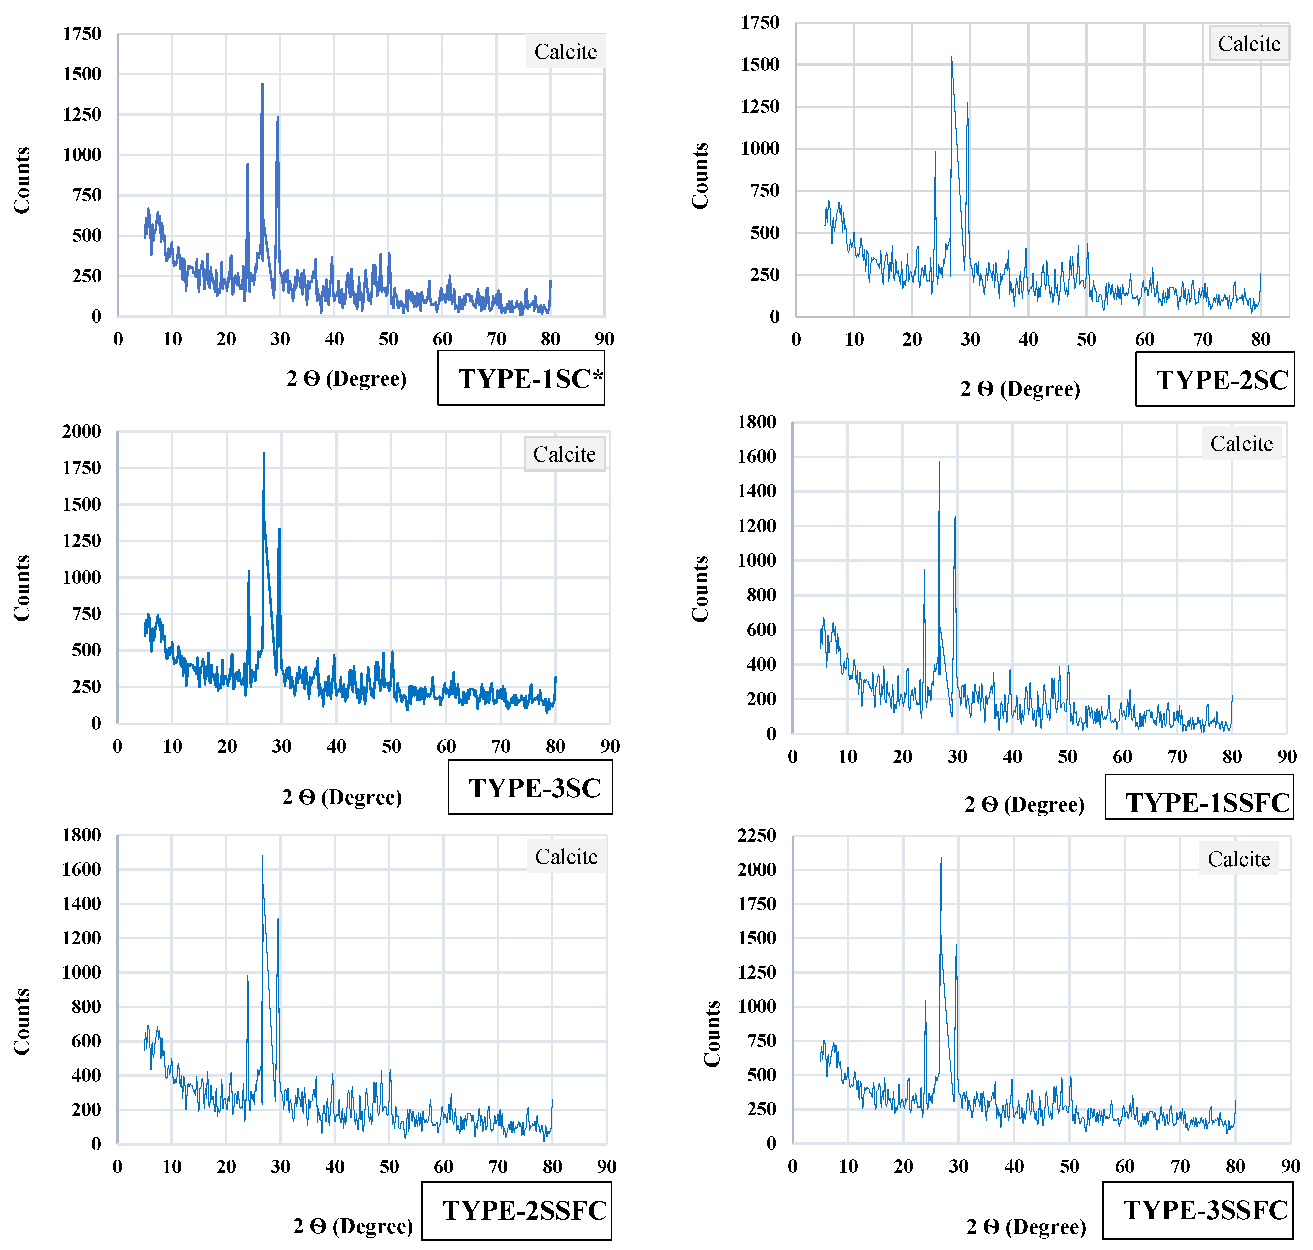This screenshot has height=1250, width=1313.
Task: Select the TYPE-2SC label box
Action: [1214, 379]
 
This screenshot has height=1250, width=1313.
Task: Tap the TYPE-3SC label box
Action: [530, 788]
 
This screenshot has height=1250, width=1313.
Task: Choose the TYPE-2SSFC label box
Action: [517, 1211]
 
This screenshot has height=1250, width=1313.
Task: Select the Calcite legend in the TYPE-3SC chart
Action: [564, 454]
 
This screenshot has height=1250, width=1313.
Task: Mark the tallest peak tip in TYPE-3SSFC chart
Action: [941, 858]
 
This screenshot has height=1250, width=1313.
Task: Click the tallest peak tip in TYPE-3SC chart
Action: [264, 454]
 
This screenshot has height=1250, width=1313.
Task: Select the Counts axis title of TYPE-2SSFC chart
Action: [22, 1021]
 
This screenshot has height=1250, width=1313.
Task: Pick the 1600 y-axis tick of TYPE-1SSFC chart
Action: [757, 456]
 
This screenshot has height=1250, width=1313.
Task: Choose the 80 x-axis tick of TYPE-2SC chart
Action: [1260, 339]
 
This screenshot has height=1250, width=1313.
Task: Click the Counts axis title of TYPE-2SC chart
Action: [700, 176]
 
